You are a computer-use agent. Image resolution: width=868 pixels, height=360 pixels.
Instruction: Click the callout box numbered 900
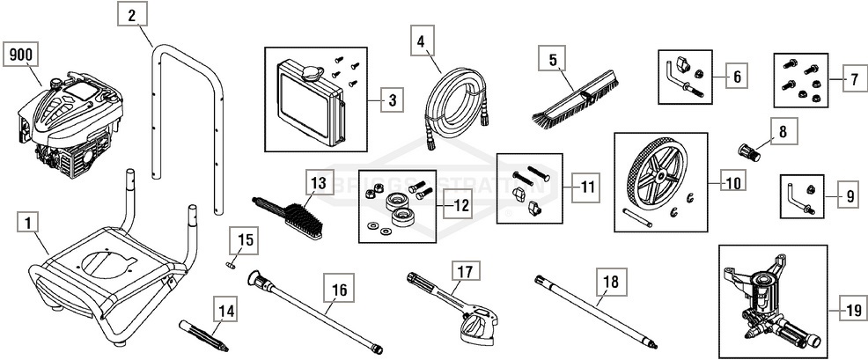pos(20,55)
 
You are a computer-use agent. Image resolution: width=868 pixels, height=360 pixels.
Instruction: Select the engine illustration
pos(63,123)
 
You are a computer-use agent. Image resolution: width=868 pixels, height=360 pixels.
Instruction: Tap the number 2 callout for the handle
pos(130,15)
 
